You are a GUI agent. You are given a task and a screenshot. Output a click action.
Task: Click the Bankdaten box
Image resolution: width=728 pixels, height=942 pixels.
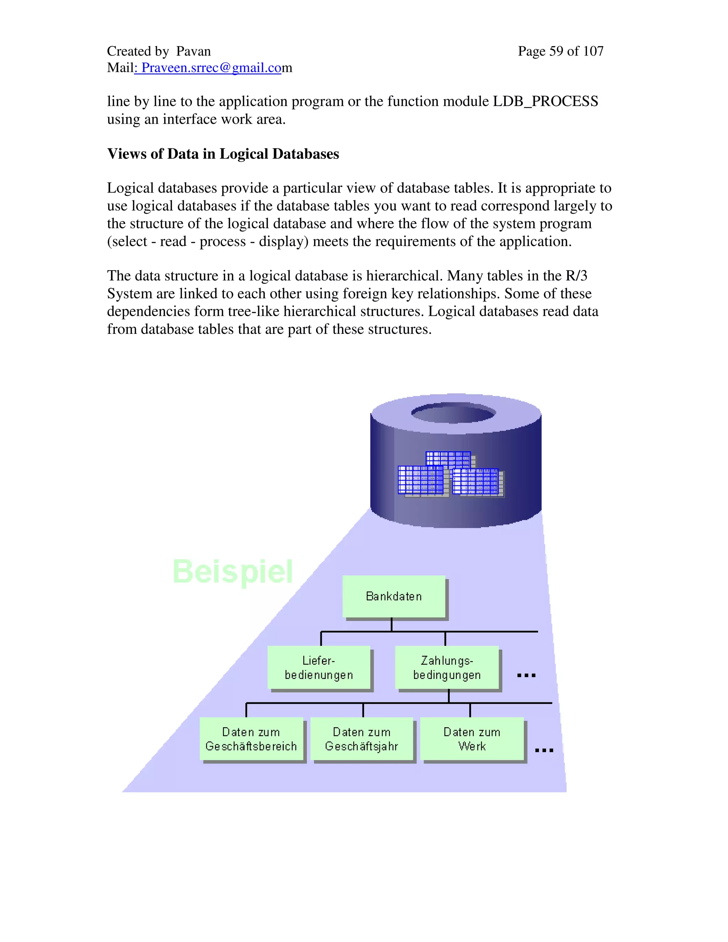(394, 596)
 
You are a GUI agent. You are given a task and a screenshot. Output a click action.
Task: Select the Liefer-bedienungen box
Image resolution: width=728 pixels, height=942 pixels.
(319, 667)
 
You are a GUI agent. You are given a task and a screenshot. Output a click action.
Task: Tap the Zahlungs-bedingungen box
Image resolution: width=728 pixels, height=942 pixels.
(447, 667)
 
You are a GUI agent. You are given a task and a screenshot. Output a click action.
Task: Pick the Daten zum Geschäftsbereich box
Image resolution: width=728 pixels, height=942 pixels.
(251, 739)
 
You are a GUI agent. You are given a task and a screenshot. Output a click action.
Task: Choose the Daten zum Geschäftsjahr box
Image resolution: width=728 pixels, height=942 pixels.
(362, 739)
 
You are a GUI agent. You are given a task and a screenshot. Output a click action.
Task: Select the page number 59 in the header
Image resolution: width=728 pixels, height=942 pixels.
(556, 51)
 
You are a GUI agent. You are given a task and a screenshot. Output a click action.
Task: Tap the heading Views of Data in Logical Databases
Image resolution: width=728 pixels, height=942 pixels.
(223, 154)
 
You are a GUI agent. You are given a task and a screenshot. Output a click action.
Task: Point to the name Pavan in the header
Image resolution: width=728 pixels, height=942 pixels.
(193, 51)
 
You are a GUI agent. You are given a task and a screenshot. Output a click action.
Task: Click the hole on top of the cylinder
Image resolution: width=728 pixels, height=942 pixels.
(453, 413)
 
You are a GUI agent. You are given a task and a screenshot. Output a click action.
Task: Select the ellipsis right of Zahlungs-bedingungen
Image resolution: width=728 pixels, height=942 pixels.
(526, 675)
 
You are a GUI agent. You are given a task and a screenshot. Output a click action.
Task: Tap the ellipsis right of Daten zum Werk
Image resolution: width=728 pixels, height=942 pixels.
(544, 750)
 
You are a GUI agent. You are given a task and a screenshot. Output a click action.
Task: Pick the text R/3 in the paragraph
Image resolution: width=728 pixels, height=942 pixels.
(576, 275)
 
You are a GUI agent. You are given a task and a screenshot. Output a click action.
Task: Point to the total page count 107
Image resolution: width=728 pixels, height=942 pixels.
(593, 51)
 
